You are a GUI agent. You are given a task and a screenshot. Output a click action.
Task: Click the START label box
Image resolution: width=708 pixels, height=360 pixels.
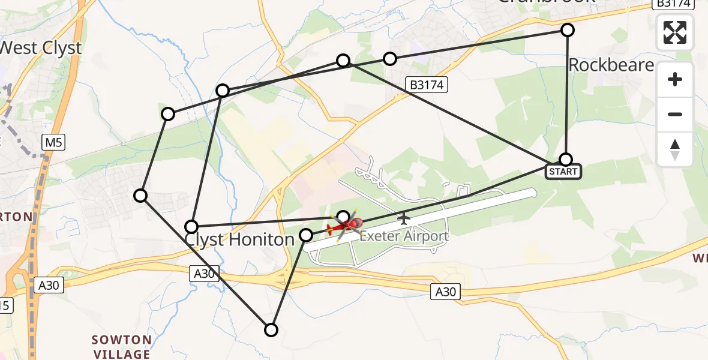[x=562, y=172]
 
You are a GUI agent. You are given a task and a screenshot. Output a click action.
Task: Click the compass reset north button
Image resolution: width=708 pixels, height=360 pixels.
[x=675, y=149]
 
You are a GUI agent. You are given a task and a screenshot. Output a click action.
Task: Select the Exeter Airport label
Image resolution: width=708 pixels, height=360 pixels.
[x=404, y=236]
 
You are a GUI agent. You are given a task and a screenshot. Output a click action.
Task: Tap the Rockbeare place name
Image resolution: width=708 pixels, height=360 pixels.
[x=611, y=65]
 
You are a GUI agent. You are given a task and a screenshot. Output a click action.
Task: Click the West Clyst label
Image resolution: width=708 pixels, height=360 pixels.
[x=41, y=48]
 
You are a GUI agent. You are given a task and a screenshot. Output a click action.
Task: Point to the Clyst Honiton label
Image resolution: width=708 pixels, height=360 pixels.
[x=239, y=239]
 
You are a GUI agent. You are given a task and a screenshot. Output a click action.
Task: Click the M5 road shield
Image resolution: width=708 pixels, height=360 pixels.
[x=53, y=143]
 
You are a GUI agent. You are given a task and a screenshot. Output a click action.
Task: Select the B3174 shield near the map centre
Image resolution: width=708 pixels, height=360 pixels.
[x=427, y=85]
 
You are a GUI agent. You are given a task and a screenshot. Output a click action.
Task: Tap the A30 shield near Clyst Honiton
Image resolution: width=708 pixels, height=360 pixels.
[x=204, y=274]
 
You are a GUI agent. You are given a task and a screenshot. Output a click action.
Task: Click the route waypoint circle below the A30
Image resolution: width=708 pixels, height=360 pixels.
[x=271, y=329]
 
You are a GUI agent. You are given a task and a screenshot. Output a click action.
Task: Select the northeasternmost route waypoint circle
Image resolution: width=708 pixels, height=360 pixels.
[x=567, y=29]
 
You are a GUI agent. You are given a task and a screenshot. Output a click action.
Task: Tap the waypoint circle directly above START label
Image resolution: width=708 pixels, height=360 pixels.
[x=566, y=159]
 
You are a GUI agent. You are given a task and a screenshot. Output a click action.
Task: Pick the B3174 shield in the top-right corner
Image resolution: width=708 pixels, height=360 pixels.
[x=673, y=4]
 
